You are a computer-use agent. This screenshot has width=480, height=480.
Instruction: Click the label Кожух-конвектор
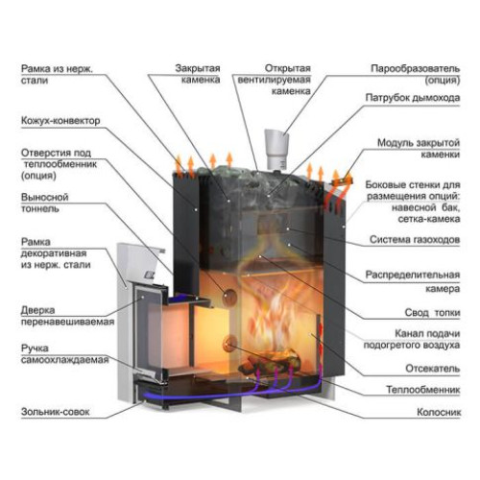pyautogui.click(x=60, y=121)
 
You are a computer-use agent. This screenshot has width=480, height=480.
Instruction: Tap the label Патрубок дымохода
pyautogui.click(x=413, y=98)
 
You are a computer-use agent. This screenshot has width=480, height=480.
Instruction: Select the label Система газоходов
pyautogui.click(x=415, y=239)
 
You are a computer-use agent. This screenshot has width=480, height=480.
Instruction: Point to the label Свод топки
pyautogui.click(x=432, y=312)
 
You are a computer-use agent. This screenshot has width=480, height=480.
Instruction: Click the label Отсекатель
pyautogui.click(x=433, y=369)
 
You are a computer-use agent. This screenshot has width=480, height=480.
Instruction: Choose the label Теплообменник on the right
pyautogui.click(x=423, y=390)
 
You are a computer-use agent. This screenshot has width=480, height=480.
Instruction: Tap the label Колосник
pyautogui.click(x=439, y=412)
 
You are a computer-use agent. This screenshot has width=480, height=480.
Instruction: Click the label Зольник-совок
pyautogui.click(x=56, y=412)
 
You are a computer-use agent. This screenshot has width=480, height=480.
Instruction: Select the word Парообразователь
pyautogui.click(x=416, y=68)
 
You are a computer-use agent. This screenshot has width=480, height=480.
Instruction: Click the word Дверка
pyautogui.click(x=37, y=310)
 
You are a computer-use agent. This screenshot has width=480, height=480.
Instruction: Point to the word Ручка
pyautogui.click(x=35, y=348)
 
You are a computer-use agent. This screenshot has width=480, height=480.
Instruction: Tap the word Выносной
pyautogui.click(x=45, y=197)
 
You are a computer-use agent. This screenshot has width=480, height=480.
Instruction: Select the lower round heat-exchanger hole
pyautogui.click(x=230, y=343)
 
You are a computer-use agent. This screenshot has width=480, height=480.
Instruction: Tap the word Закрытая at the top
pyautogui.click(x=198, y=68)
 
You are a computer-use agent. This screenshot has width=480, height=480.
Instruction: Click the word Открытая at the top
pyautogui.click(x=288, y=68)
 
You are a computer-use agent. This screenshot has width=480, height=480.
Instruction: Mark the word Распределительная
pyautogui.click(x=413, y=275)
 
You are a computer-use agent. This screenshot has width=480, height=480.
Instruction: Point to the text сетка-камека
pyautogui.click(x=429, y=219)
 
